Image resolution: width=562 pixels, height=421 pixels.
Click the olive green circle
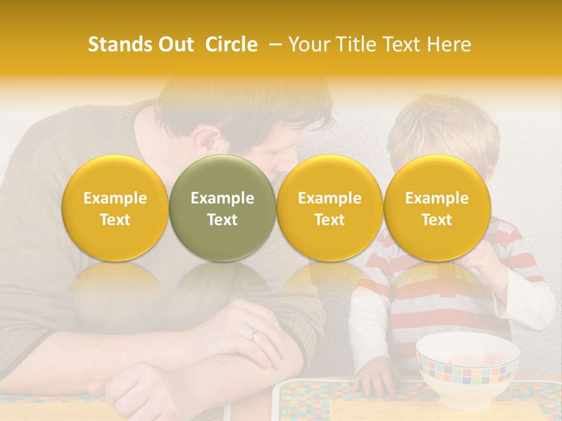[x=222, y=208]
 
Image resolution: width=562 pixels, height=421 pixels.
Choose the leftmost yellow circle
[x=115, y=208]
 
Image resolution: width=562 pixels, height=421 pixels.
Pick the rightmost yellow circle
[x=437, y=208]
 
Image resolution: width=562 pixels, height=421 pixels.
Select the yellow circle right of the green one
[x=330, y=208]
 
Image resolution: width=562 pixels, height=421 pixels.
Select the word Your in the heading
[x=308, y=44]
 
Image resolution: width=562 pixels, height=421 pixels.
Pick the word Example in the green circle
[x=222, y=198]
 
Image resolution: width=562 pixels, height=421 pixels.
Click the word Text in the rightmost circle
[x=437, y=220]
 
